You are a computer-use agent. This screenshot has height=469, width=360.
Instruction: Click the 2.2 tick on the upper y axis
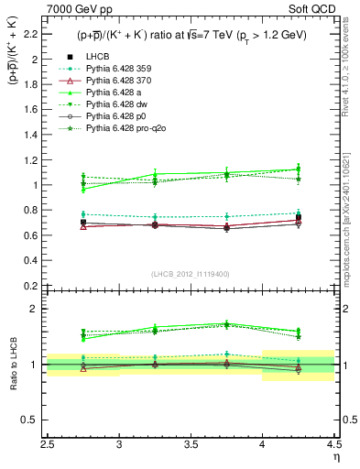(x=37, y=34)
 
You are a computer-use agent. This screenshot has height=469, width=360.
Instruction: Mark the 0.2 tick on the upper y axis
(x=37, y=285)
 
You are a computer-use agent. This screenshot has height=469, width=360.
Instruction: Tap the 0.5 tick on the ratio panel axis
(x=37, y=420)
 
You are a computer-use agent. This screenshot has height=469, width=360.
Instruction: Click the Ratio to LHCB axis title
(x=12, y=368)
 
